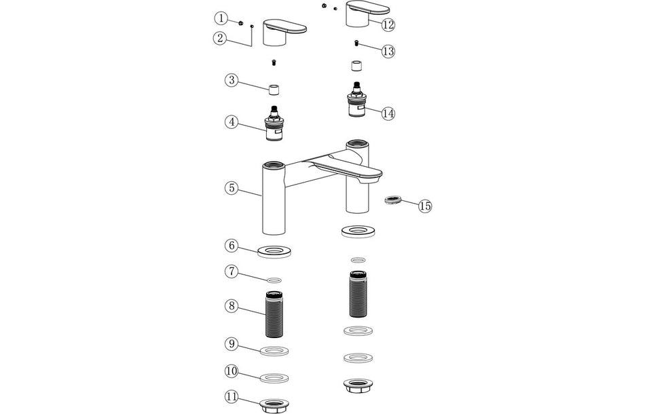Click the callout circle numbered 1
(x=222, y=18)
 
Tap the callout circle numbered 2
(x=219, y=38)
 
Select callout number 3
(x=232, y=81)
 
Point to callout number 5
(x=232, y=188)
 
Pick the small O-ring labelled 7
(x=274, y=279)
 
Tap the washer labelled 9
(x=274, y=351)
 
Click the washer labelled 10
(x=274, y=377)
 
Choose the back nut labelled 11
(x=274, y=405)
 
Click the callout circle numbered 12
(x=388, y=25)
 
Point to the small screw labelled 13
(x=357, y=43)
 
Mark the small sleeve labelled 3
(x=274, y=91)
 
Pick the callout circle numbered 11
(x=232, y=396)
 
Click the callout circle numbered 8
(x=232, y=306)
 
